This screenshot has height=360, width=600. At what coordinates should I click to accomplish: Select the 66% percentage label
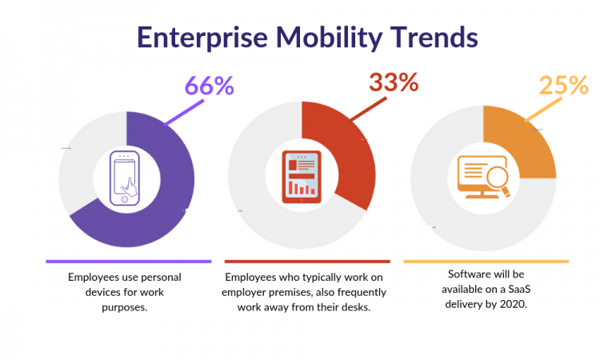[x=209, y=86]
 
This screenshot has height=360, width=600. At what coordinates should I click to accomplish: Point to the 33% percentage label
[x=393, y=82]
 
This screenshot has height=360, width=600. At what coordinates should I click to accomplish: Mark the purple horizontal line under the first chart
[x=128, y=261]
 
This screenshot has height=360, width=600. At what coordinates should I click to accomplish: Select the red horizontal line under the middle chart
[x=307, y=261]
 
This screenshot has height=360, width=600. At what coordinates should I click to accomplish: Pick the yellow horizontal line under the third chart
[x=486, y=261]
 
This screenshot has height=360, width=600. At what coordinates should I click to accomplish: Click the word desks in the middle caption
[x=352, y=307]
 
